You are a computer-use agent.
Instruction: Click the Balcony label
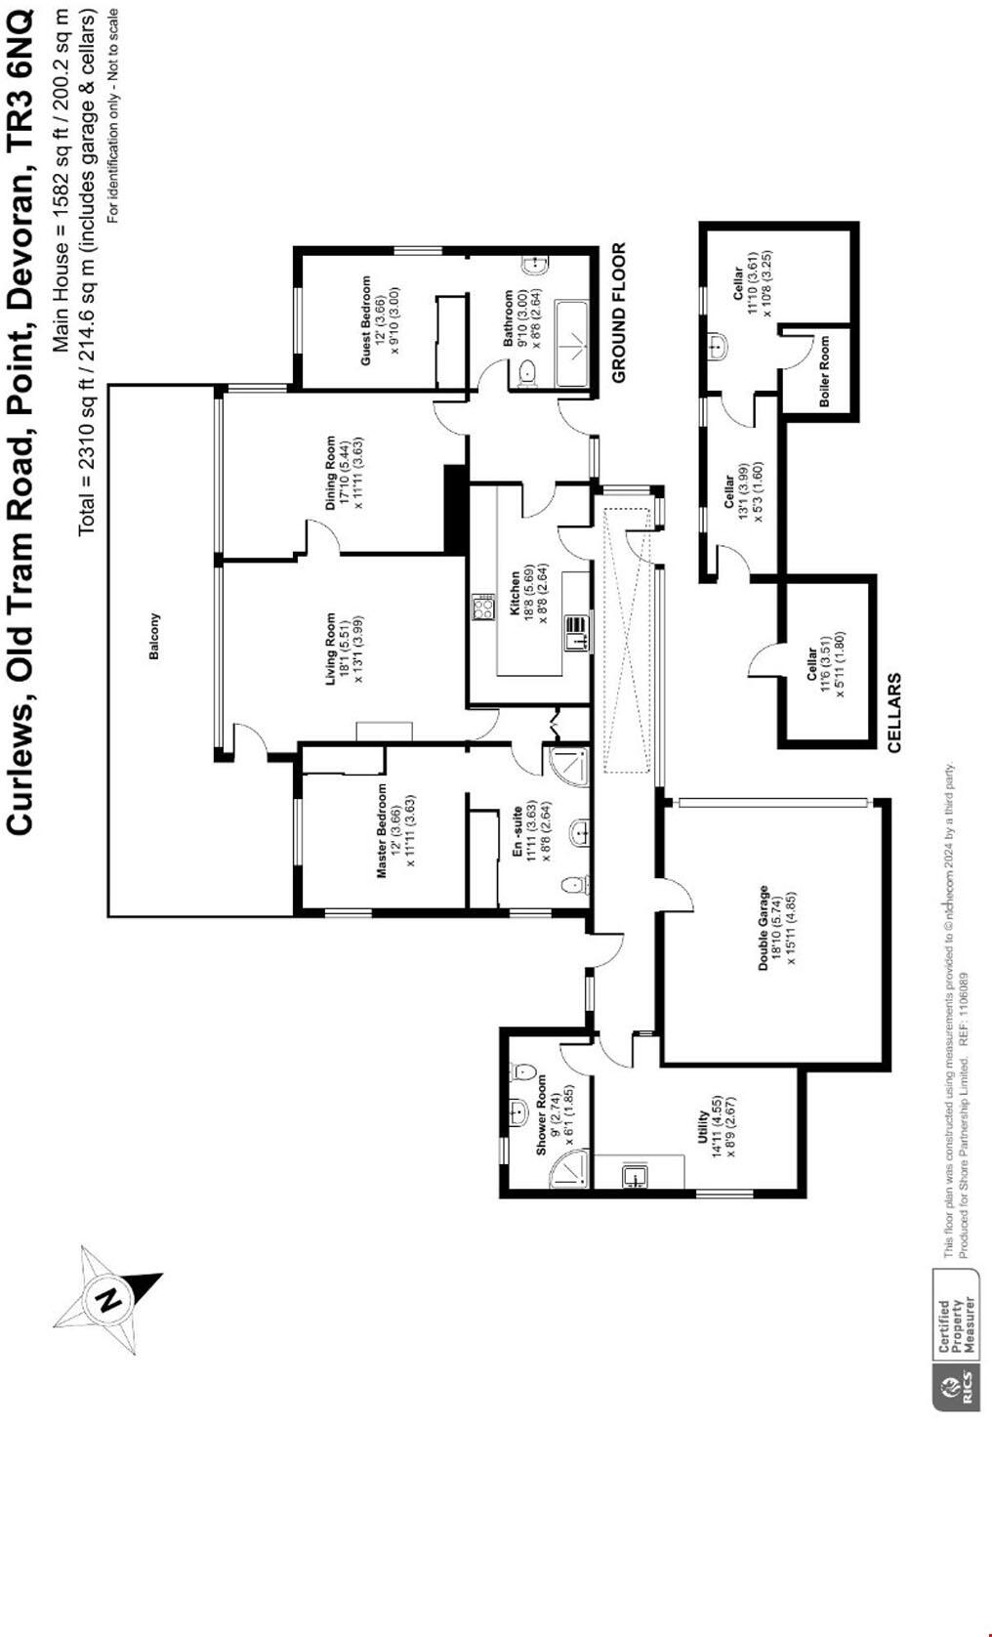coord(154,636)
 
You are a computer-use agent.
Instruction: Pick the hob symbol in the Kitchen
coord(483,608)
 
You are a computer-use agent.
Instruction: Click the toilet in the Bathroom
coord(527,371)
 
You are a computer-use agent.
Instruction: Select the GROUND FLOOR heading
coord(618,313)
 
